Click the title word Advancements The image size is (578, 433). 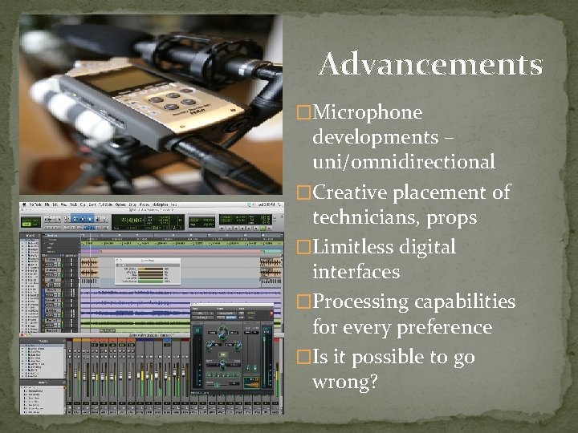point(430,64)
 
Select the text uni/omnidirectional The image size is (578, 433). point(403,162)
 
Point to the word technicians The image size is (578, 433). point(367,218)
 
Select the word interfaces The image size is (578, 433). point(356,273)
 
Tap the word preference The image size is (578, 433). point(442,328)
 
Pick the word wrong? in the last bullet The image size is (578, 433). point(345,382)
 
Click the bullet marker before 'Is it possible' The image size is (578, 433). point(303,358)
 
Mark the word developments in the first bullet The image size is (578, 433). point(375,137)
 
